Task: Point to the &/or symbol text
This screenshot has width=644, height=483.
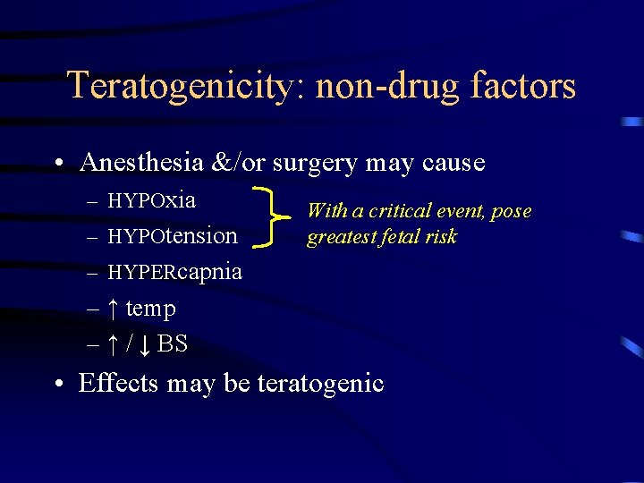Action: (235, 162)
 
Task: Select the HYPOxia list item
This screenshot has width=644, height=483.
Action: (151, 199)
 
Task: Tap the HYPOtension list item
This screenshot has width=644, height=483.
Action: (172, 235)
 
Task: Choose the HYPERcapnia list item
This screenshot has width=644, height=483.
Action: (174, 271)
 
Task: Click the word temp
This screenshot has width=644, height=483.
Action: (150, 309)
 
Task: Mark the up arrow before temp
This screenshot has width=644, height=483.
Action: (113, 309)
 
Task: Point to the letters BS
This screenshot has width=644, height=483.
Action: (173, 343)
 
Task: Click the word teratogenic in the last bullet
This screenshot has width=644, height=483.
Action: (320, 384)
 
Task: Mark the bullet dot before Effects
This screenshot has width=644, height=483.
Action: (58, 385)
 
